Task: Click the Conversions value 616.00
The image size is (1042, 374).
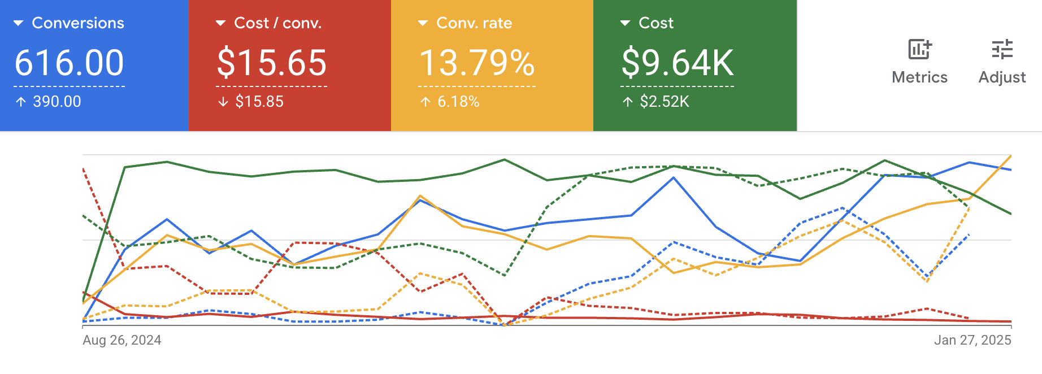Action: tap(69, 63)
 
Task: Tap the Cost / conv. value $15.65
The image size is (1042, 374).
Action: tap(272, 63)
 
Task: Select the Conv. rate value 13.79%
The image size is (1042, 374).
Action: tap(477, 63)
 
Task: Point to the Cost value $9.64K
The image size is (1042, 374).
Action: tap(678, 63)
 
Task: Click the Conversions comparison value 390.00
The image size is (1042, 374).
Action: tap(57, 102)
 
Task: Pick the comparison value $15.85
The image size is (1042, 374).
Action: tap(259, 102)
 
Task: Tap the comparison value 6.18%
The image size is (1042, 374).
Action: tap(458, 102)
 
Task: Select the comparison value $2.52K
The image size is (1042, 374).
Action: tap(665, 102)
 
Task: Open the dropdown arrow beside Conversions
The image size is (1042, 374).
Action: tap(19, 23)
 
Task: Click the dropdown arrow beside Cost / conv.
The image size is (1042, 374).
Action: tap(221, 23)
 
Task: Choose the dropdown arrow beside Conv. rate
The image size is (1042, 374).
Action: tap(423, 23)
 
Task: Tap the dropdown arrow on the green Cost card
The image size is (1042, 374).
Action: tap(625, 23)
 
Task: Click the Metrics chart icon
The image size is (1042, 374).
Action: tap(919, 50)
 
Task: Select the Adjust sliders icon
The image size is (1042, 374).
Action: tap(1002, 50)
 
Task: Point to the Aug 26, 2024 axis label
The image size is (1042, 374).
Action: tap(122, 340)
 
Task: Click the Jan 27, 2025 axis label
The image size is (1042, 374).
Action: tap(972, 340)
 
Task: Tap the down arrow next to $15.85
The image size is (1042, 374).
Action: tap(223, 102)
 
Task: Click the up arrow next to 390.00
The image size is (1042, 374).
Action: tap(21, 102)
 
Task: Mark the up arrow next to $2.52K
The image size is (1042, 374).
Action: tap(627, 102)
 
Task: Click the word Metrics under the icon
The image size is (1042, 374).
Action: tap(919, 77)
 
